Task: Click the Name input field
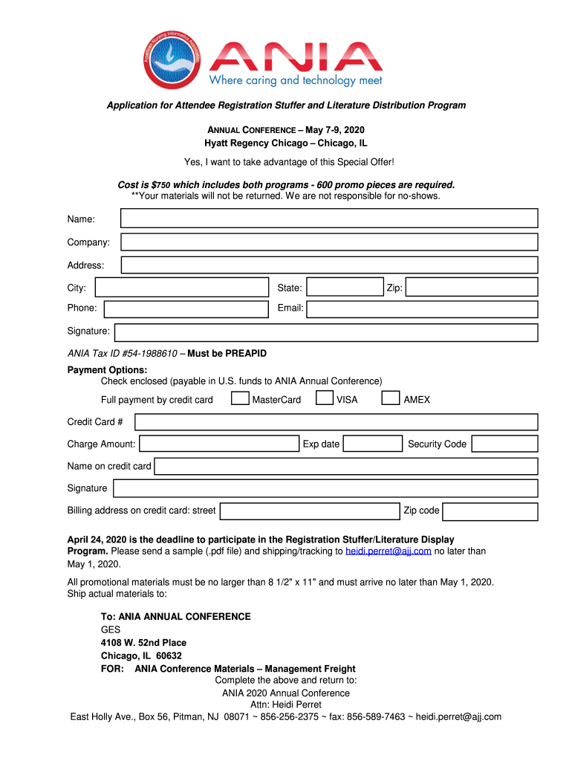click(329, 218)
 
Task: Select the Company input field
click(329, 242)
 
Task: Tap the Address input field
click(329, 265)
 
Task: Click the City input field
click(181, 288)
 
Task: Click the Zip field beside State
click(471, 288)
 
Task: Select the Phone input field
click(186, 308)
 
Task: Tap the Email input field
click(422, 308)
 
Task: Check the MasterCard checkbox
click(240, 399)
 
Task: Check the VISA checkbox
click(324, 399)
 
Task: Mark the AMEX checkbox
click(391, 399)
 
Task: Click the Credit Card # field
click(336, 422)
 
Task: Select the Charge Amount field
click(218, 444)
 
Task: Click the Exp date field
click(373, 444)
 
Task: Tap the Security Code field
click(504, 444)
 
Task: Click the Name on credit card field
click(345, 466)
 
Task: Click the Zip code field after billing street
click(490, 511)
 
